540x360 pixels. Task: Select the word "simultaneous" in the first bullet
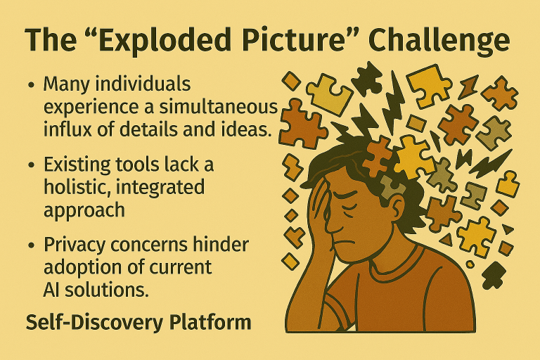pos(219,107)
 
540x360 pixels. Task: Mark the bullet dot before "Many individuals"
pos(32,85)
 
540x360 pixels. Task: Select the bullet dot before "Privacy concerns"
pos(32,246)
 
